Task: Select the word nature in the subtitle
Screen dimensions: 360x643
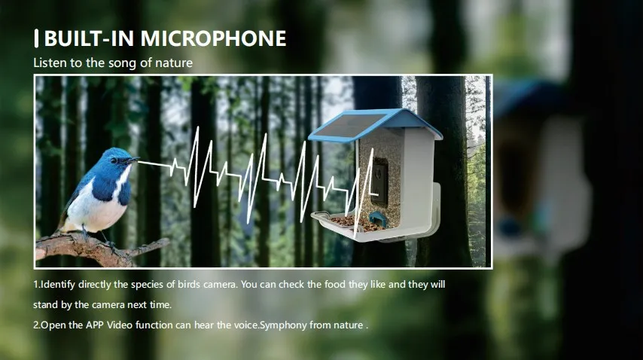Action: pos(175,63)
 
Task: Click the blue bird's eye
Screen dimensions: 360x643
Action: pos(113,160)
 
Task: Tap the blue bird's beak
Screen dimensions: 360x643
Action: pos(133,160)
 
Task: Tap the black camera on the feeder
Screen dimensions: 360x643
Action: pos(382,181)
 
